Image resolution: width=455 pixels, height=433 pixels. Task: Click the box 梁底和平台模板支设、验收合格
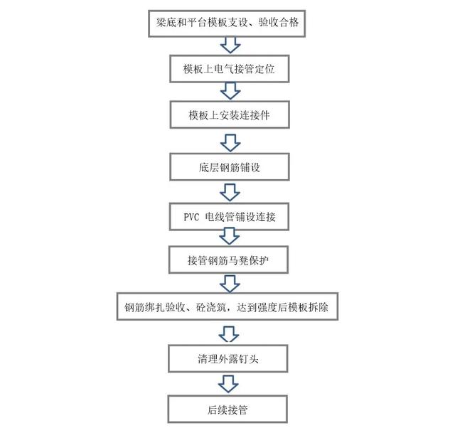227,23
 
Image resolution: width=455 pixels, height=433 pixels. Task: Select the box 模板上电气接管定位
229,69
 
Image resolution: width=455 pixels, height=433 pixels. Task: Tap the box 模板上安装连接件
230,114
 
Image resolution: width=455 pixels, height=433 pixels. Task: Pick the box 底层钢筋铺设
229,167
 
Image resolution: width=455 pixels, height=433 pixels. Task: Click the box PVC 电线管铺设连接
229,216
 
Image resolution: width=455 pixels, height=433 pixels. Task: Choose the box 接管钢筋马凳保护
228,260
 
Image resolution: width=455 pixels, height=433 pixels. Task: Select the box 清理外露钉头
227,359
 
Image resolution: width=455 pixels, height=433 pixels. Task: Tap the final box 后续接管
227,409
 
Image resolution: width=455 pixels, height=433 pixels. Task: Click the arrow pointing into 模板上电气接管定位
230,45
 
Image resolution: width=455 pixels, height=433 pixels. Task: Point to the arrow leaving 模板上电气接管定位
230,91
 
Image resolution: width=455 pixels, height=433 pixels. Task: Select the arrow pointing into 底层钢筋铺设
230,143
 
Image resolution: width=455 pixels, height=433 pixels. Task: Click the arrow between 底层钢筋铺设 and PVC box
230,193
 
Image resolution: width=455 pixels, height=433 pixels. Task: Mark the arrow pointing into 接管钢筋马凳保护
229,236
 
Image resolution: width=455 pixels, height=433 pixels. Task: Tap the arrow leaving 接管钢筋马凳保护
230,284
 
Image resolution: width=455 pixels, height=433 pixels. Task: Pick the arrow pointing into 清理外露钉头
229,333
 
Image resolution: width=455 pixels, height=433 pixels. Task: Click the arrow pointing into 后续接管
228,384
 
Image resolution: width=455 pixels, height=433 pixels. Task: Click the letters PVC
191,217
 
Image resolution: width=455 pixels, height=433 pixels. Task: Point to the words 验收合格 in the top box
278,22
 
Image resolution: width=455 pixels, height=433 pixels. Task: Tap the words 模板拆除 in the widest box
309,307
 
